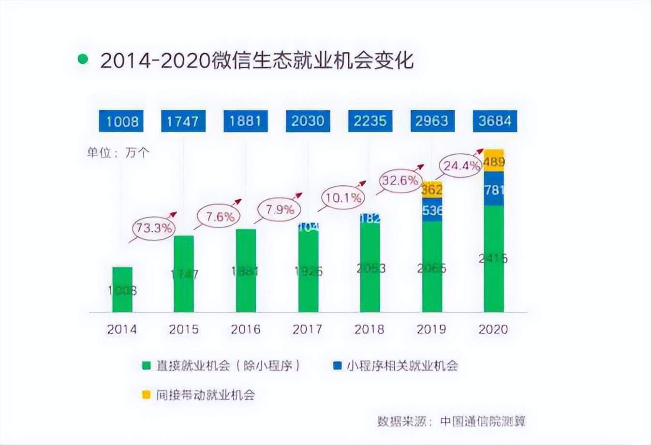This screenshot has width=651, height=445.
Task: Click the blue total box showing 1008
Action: pos(122,121)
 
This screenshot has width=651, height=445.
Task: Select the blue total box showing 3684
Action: pos(494,121)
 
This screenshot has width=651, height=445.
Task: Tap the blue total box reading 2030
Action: pos(308,121)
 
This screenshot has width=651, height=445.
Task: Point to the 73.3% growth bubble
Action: pos(154,227)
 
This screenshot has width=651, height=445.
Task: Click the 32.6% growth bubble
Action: pos(399,181)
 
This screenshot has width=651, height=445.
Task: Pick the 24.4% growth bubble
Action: pos(461,166)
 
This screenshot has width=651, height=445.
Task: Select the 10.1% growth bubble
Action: pos(343,197)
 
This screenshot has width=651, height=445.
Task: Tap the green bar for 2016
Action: pos(246,271)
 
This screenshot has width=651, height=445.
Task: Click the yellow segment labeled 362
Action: pos(432,189)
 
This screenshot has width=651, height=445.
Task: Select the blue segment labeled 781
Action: pos(494,189)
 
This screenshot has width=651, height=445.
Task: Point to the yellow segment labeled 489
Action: pos(494,161)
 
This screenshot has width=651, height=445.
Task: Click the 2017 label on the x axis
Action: pos(307,329)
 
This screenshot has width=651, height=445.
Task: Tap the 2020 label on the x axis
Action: pos(493,329)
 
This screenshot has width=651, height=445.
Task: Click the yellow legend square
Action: pos(147,395)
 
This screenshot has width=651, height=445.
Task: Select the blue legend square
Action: pos(338,366)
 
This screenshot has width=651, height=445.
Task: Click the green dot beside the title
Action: pos(83,59)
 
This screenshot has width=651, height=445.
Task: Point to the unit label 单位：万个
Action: pos(118,153)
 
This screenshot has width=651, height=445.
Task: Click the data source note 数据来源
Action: pos(451,421)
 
